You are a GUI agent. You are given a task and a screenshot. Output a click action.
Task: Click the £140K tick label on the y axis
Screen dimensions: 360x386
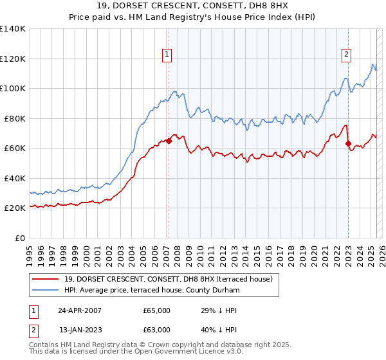point(13,29)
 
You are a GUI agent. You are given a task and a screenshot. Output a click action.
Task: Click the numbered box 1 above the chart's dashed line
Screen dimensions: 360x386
point(167,55)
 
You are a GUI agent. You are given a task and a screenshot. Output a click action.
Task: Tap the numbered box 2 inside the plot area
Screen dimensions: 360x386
point(346,55)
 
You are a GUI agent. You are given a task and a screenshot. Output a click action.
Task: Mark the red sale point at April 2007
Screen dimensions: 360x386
point(169,141)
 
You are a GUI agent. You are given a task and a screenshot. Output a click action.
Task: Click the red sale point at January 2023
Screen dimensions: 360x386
point(348,144)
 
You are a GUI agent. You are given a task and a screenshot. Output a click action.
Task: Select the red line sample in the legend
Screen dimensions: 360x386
point(46,279)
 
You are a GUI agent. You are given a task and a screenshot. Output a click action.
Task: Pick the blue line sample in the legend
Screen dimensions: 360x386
point(46,291)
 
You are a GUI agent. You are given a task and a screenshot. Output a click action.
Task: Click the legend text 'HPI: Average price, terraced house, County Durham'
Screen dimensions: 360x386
point(152,291)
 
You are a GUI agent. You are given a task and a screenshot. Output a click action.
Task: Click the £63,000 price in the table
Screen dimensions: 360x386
point(157,330)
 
